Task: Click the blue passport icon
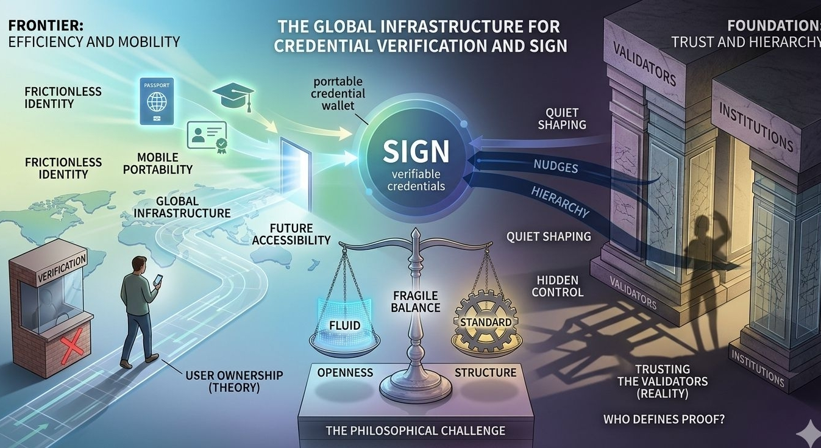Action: pyautogui.click(x=157, y=101)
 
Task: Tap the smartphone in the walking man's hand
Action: pyautogui.click(x=157, y=280)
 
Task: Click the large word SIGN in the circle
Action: pyautogui.click(x=416, y=152)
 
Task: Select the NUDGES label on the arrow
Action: pyautogui.click(x=555, y=165)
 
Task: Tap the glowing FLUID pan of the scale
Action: pyautogui.click(x=344, y=325)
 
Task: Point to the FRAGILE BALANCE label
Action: pyautogui.click(x=416, y=302)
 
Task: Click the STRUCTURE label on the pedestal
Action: pyautogui.click(x=485, y=372)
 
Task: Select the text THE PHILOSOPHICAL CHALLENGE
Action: pyautogui.click(x=415, y=430)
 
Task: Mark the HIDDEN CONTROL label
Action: pyautogui.click(x=557, y=286)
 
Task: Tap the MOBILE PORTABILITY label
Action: pyautogui.click(x=158, y=163)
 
